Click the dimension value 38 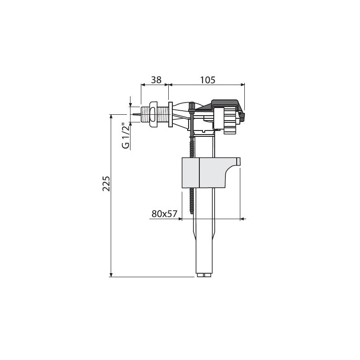pyautogui.click(x=156, y=80)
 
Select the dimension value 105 pyautogui.click(x=208, y=80)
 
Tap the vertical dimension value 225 pyautogui.click(x=106, y=184)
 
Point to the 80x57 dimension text pyautogui.click(x=164, y=214)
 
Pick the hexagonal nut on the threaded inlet pyautogui.click(x=153, y=114)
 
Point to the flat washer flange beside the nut pyautogui.click(x=171, y=114)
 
